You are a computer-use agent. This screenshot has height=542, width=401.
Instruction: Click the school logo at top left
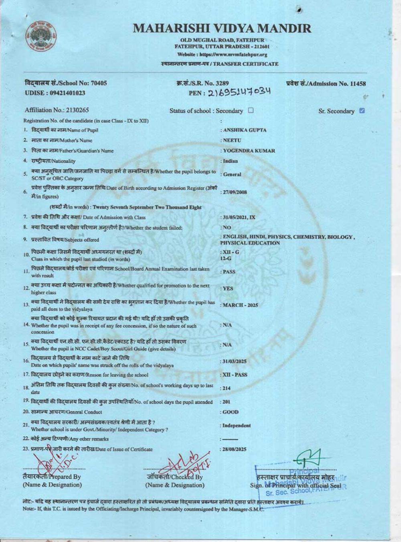coord(41,35)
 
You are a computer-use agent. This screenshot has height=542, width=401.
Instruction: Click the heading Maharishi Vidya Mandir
coord(222,29)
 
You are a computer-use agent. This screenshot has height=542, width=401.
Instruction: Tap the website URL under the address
coord(222,55)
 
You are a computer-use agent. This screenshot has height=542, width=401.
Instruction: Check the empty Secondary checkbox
coord(251,110)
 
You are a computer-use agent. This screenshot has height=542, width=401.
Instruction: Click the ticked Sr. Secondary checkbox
coord(362,111)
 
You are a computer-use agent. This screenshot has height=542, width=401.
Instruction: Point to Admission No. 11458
coord(326,84)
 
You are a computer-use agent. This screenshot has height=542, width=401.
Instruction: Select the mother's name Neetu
coord(232,141)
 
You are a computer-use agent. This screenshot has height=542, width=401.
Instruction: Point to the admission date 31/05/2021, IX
coord(239,217)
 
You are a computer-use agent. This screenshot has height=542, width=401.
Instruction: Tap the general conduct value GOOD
coord(231,412)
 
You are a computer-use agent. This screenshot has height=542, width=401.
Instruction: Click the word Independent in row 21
coord(237,426)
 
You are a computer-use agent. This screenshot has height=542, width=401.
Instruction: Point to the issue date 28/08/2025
coord(235,449)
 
